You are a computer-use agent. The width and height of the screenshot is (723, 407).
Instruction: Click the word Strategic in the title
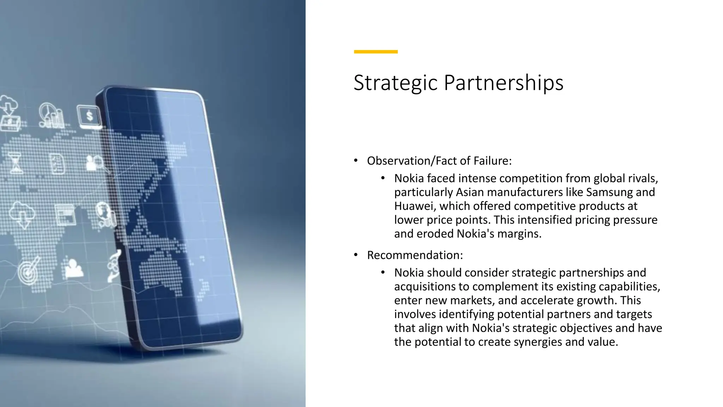tap(395, 83)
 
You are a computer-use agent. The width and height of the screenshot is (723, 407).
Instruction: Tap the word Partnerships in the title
tap(503, 83)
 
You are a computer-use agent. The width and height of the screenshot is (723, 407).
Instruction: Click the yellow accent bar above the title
tap(376, 52)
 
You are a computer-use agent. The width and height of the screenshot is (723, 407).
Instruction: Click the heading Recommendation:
tap(415, 255)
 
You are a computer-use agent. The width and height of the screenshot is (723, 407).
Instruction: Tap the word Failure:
tap(492, 161)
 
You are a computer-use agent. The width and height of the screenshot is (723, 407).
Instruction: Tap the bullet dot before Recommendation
tap(356, 255)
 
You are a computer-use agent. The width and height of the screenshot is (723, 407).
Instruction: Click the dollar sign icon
tap(89, 116)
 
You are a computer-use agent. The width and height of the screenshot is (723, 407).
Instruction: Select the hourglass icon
tap(16, 163)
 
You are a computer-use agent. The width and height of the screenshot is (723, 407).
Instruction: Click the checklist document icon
tap(58, 164)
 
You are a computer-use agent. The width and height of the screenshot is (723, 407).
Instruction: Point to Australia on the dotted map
tap(161, 272)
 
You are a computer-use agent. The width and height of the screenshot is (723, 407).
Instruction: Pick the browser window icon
tap(66, 214)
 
